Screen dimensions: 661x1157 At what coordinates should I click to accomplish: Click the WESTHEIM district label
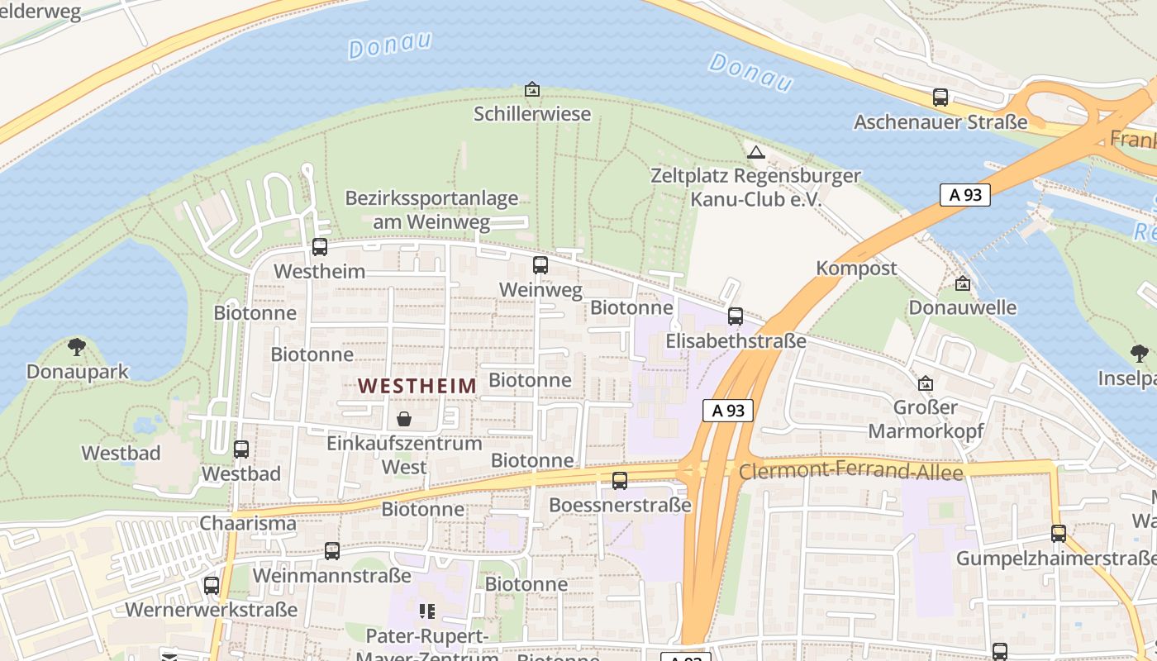click(x=417, y=385)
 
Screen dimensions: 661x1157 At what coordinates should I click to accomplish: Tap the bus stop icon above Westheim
click(x=320, y=246)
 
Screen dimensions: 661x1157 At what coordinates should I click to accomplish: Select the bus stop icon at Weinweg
click(x=540, y=265)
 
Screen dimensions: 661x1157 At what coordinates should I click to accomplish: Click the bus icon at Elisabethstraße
click(x=736, y=316)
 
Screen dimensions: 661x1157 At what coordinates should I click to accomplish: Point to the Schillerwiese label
click(x=532, y=113)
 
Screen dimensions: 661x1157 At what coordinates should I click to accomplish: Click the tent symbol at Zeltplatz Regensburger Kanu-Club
click(x=755, y=152)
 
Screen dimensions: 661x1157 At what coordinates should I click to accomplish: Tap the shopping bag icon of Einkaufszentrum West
click(x=404, y=419)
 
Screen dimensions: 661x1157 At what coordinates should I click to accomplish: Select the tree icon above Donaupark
click(x=77, y=346)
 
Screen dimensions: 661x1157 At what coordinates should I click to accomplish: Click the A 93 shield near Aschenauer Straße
click(x=964, y=195)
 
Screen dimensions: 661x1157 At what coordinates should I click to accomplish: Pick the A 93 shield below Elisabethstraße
click(x=728, y=410)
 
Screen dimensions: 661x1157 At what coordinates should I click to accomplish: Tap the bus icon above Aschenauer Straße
click(x=940, y=97)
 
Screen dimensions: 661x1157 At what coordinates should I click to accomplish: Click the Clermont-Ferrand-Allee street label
click(x=851, y=472)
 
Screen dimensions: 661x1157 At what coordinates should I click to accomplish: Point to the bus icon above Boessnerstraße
click(x=620, y=480)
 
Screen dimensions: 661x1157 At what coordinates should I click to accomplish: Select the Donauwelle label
click(x=962, y=307)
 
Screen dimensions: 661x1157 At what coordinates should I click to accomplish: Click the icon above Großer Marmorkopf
click(x=926, y=383)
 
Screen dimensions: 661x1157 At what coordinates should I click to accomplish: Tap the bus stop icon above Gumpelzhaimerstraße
click(x=1059, y=534)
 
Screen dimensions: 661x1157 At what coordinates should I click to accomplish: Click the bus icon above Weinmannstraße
click(x=332, y=550)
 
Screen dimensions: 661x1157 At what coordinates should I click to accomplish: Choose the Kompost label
click(x=856, y=269)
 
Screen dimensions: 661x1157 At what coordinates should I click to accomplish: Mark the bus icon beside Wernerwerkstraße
click(x=212, y=585)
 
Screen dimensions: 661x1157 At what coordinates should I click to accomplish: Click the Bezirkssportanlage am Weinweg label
click(x=431, y=210)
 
